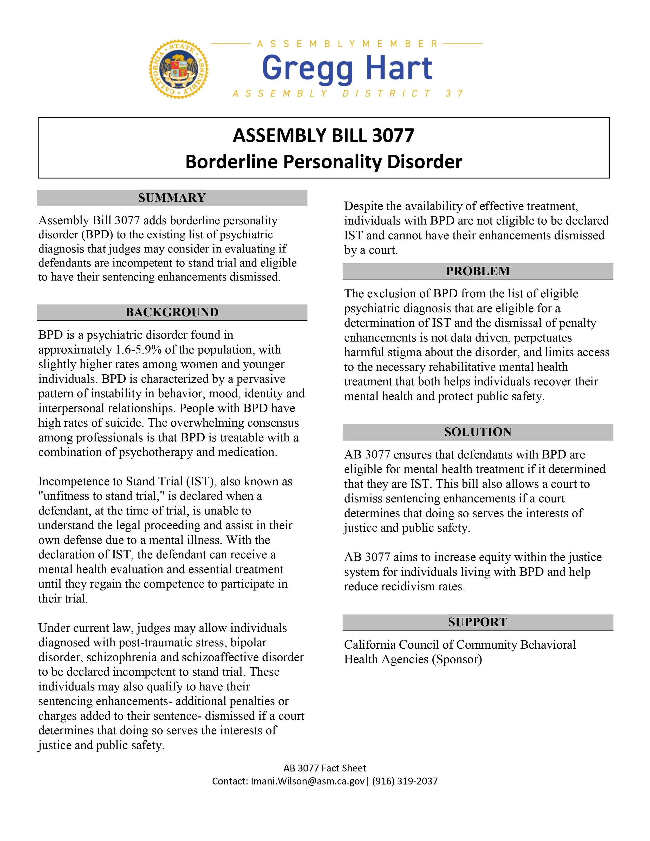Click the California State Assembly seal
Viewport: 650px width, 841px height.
(x=179, y=70)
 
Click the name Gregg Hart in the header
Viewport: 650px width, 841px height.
(x=347, y=68)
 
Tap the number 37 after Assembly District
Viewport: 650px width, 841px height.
(x=454, y=94)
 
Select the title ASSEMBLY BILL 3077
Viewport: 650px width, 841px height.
(x=323, y=135)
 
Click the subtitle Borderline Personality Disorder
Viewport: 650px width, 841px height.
(x=323, y=162)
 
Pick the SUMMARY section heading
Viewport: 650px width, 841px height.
(x=172, y=198)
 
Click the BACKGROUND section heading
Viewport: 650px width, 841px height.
(x=172, y=312)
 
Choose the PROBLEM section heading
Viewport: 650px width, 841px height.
(x=477, y=271)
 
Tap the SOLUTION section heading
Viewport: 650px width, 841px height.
(x=477, y=432)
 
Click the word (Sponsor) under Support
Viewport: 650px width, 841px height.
(x=457, y=659)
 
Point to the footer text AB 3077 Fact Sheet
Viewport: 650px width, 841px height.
(x=325, y=768)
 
